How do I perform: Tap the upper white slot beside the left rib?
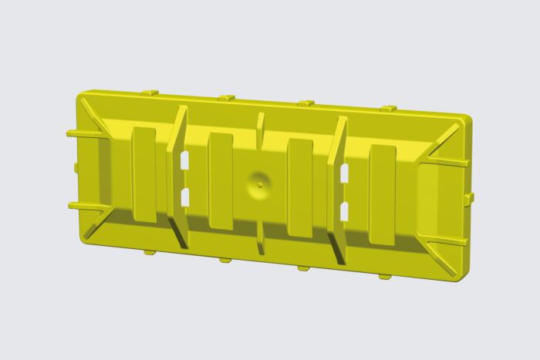185,160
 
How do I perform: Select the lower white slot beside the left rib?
185,197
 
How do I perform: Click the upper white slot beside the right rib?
344,173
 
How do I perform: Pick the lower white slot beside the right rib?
344,210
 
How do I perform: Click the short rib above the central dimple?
260,130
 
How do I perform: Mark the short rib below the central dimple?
260,237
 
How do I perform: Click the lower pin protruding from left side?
85,206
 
